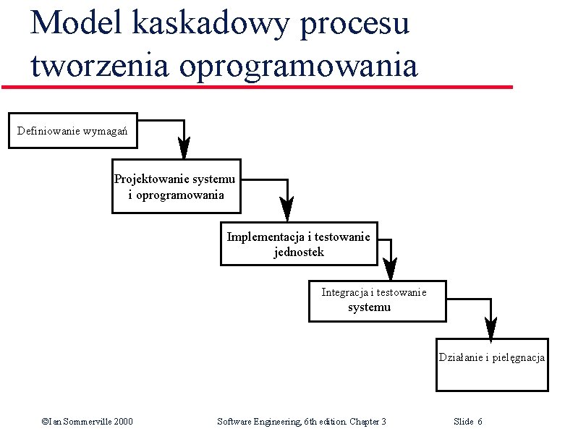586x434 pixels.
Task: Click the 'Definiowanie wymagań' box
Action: [72, 130]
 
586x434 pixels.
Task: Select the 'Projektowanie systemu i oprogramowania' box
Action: [175, 185]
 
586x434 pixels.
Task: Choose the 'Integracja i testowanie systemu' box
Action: [377, 299]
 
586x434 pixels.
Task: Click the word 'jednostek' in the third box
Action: [299, 252]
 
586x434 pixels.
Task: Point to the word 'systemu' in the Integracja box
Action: [369, 307]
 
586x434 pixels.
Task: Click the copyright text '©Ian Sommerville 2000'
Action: [87, 422]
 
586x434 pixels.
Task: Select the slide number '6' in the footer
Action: [480, 422]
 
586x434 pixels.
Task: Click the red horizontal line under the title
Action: [257, 88]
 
